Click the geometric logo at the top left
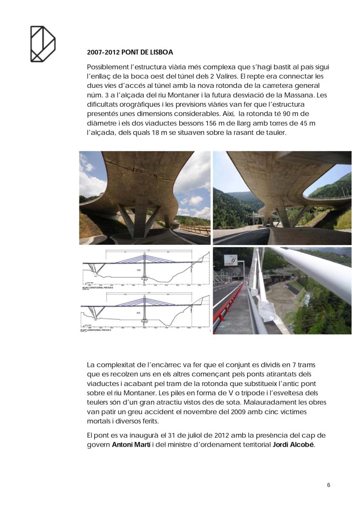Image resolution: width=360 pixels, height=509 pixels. (x=42, y=44)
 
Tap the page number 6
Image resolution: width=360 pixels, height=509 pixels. (x=329, y=485)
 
